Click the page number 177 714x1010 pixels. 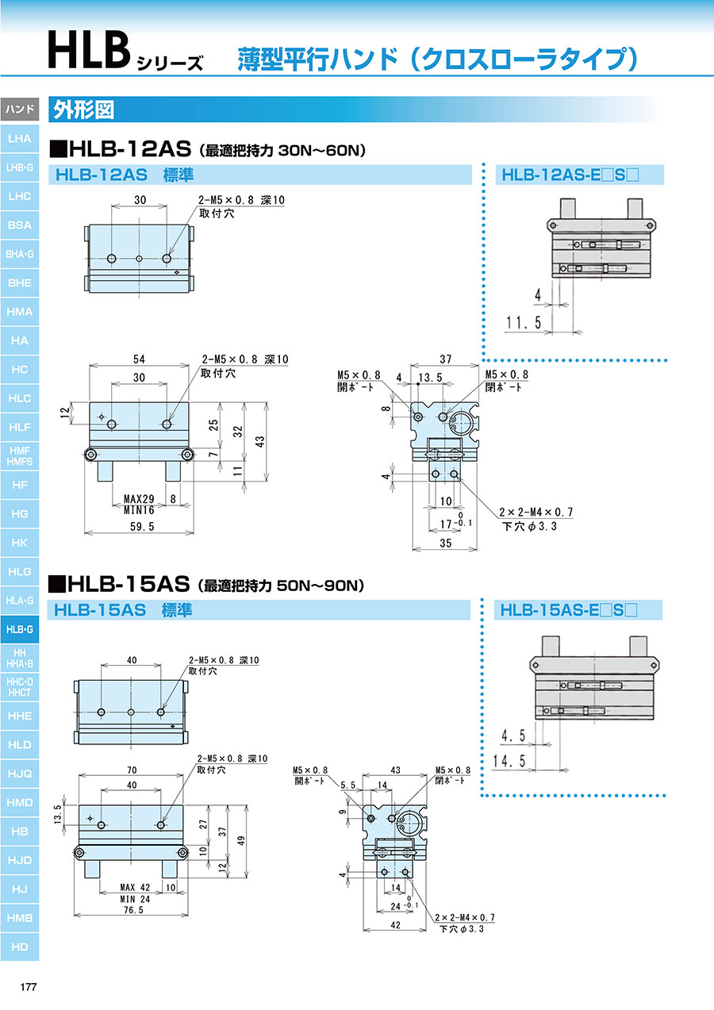point(29,987)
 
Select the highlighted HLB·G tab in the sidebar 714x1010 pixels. point(19,629)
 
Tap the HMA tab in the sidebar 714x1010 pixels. point(19,312)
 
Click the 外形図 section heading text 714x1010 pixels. point(84,109)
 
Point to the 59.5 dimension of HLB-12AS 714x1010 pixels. point(142,527)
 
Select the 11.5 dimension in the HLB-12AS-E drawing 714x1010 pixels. point(524,323)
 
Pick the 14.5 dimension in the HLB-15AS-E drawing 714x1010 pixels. point(509,762)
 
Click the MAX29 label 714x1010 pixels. point(139,499)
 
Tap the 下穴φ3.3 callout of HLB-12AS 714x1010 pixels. point(530,526)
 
